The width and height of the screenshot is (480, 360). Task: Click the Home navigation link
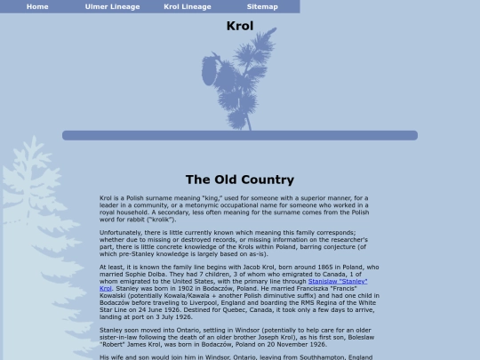pos(37,6)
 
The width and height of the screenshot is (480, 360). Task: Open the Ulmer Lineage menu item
pos(112,6)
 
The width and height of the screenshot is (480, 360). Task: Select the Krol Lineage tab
pos(188,6)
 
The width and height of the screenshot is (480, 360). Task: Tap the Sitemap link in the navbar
pos(262,6)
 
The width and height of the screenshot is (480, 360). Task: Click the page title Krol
pos(240,26)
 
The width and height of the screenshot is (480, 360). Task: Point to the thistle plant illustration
pos(234,80)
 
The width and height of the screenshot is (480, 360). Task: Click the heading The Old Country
pos(240,180)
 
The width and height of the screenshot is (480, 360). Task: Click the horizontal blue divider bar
pos(240,136)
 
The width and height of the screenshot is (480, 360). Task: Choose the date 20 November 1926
pos(293,343)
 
